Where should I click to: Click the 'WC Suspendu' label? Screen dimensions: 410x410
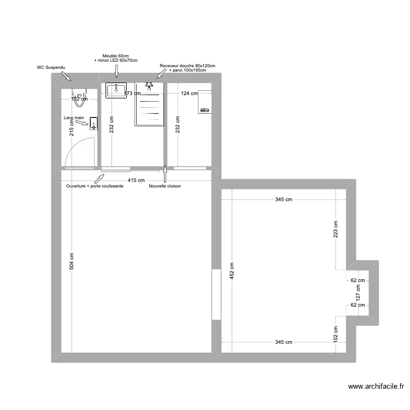click(x=51, y=68)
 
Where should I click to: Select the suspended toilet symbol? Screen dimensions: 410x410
click(x=80, y=97)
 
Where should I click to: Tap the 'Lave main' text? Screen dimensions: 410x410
click(x=73, y=118)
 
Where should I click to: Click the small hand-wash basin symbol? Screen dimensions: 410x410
click(x=93, y=125)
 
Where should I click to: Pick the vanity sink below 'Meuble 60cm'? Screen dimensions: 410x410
click(x=116, y=90)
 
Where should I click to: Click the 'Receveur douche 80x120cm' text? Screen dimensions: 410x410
click(x=188, y=66)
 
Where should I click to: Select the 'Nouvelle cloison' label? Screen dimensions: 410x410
click(x=165, y=186)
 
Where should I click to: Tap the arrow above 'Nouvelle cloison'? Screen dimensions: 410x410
click(x=165, y=175)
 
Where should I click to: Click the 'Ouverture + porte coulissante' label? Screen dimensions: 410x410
click(x=95, y=186)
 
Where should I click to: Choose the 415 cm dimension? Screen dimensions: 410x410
click(x=137, y=180)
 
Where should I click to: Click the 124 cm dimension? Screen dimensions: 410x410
click(x=189, y=93)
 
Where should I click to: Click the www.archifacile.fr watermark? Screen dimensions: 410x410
click(x=377, y=388)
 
